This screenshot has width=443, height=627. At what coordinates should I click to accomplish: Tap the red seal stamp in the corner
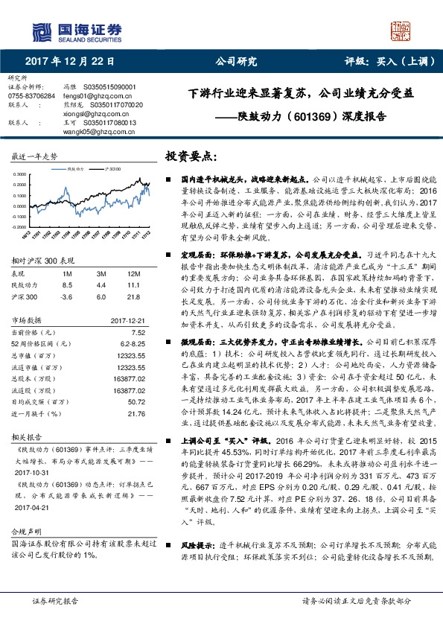[x=403, y=29]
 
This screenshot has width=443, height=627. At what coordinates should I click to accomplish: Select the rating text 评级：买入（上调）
[x=380, y=62]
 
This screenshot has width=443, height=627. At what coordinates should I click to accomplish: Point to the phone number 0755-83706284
[x=31, y=96]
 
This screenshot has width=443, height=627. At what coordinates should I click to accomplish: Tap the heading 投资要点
[x=191, y=157]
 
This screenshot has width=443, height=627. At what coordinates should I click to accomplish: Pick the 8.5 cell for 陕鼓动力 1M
[x=67, y=284]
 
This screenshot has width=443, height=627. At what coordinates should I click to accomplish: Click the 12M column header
[x=136, y=273]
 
